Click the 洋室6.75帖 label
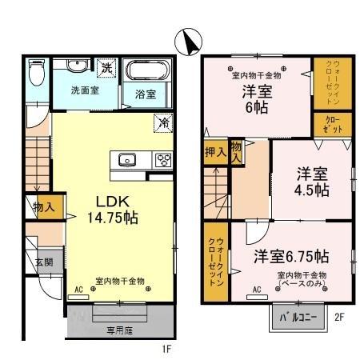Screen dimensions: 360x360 pyautogui.click(x=291, y=257)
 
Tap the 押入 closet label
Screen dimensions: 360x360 pyautogui.click(x=214, y=153)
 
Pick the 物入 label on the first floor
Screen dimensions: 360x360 pyautogui.click(x=43, y=207)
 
